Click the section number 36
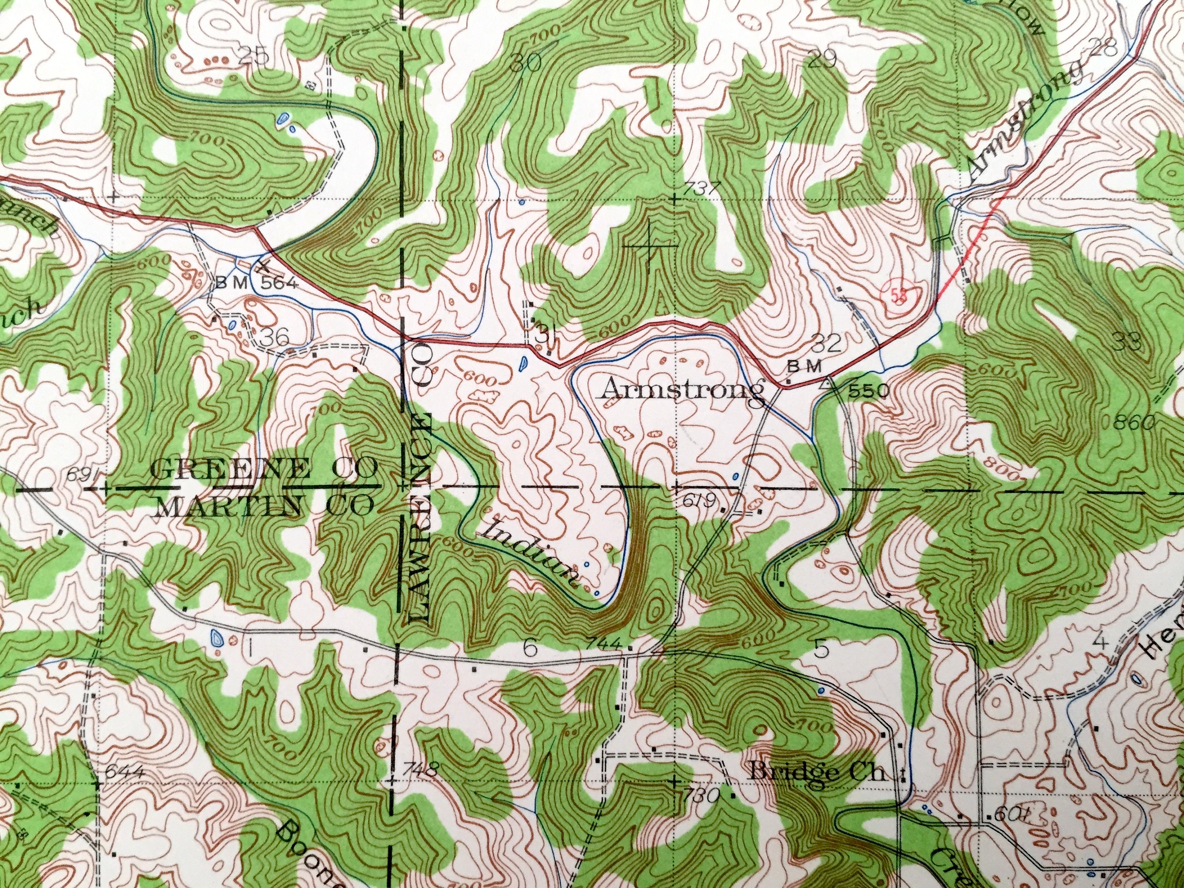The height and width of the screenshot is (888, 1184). click(275, 337)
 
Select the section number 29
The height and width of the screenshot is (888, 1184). click(823, 60)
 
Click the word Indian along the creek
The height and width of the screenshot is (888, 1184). click(530, 552)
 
